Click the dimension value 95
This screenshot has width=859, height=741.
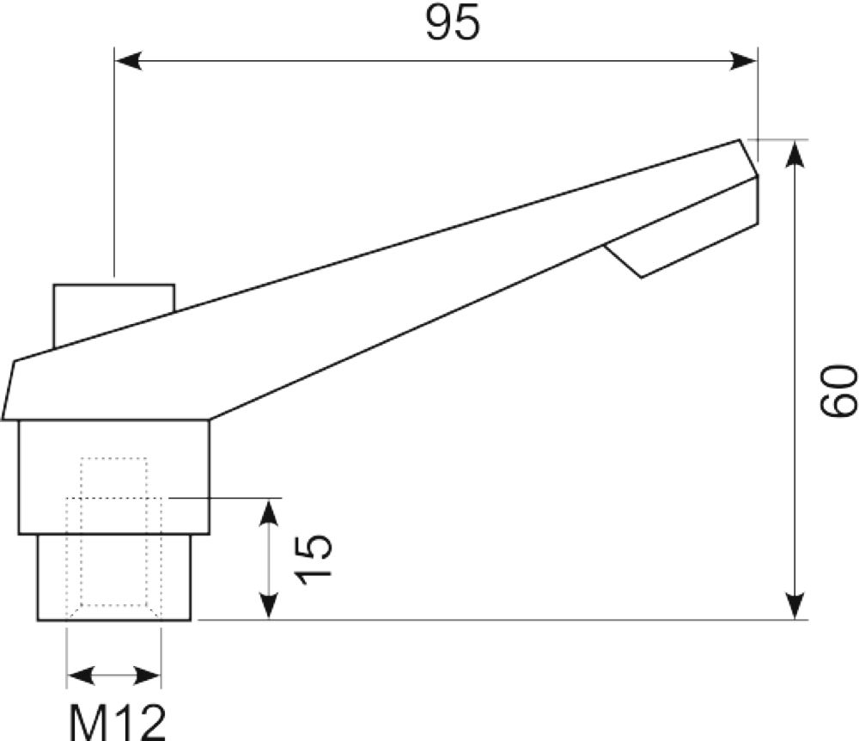coord(453,22)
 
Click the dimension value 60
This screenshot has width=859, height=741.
coord(838,391)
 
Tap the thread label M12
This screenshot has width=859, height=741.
coord(117,721)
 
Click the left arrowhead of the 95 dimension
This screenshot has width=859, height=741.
coord(128,61)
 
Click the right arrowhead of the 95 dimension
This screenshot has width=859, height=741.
coord(743,61)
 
